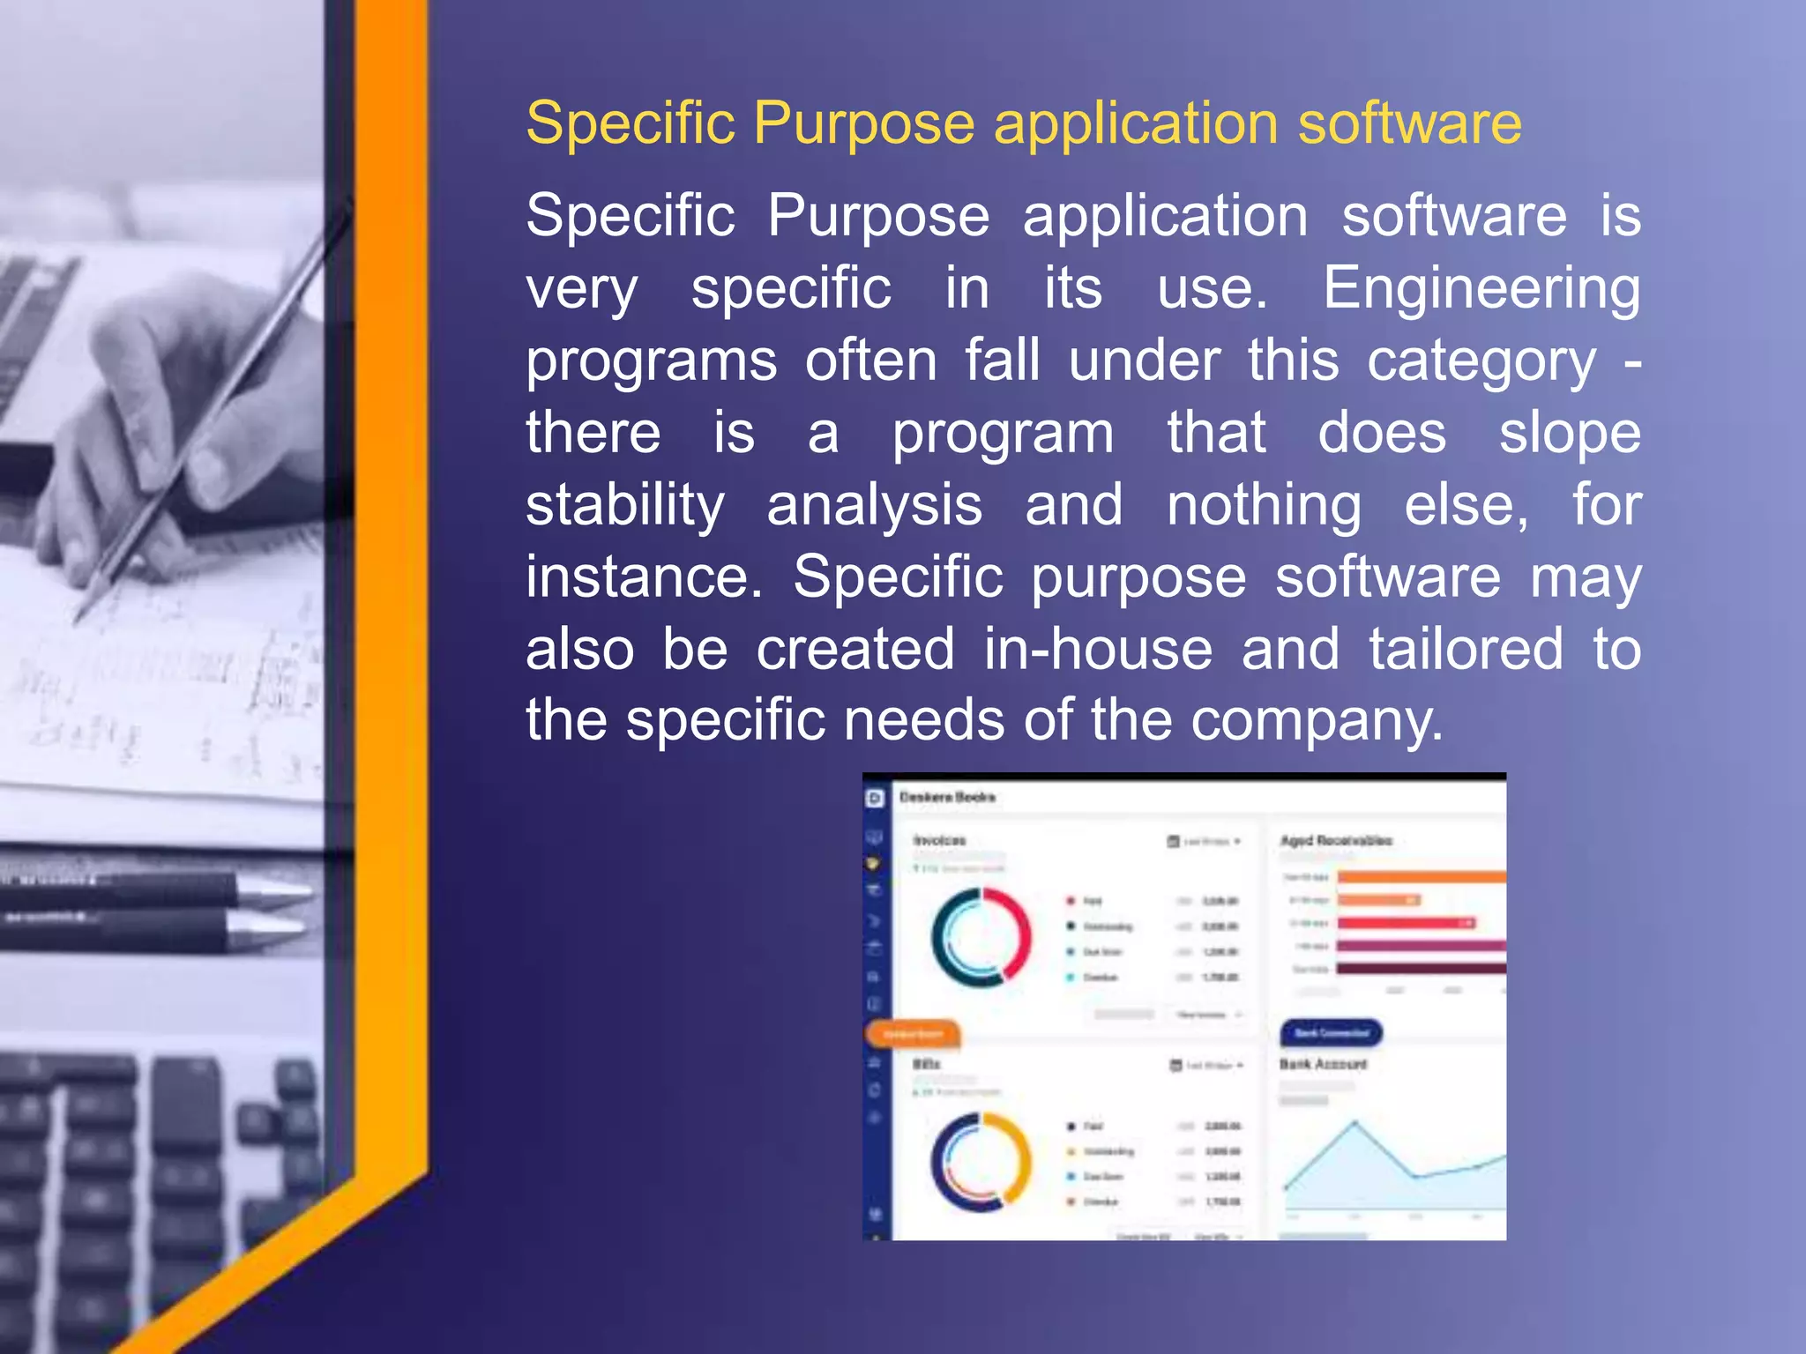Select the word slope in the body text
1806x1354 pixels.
click(x=1570, y=435)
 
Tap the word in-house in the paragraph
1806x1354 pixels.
click(x=1099, y=650)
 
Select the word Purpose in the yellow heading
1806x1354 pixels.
click(x=863, y=123)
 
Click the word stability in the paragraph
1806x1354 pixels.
click(x=624, y=507)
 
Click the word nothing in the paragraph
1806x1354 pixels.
click(x=1264, y=507)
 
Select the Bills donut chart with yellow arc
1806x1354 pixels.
click(x=981, y=1161)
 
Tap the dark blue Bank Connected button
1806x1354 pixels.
click(x=1331, y=1032)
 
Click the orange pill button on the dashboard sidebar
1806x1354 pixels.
click(x=913, y=1033)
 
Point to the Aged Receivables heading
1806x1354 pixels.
click(x=1336, y=840)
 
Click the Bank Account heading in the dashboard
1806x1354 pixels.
click(x=1323, y=1064)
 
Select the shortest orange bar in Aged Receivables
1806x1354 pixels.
click(x=1378, y=900)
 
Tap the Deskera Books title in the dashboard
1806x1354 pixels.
click(x=947, y=797)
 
